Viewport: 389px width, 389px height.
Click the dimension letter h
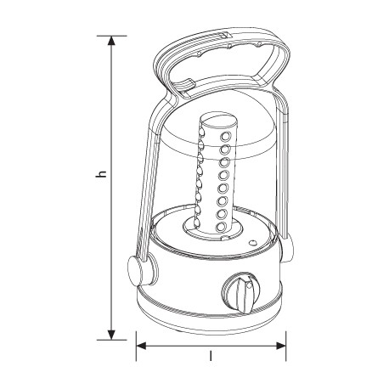point(101,174)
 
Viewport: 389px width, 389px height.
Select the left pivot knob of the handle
point(137,271)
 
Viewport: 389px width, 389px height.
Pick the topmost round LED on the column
point(226,136)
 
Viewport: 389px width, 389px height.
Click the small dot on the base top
point(251,243)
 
